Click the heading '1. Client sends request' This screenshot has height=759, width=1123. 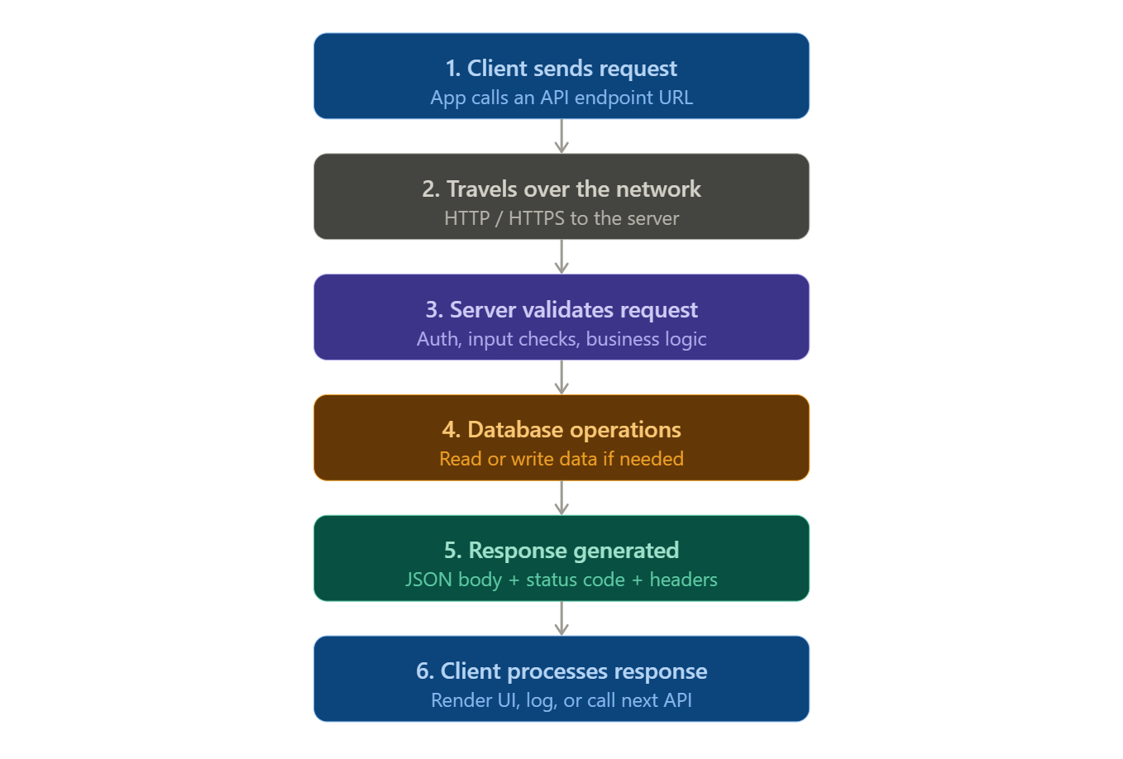pos(561,69)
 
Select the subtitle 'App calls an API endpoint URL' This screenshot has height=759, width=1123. pos(561,98)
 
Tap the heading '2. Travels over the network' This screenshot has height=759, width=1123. pos(561,189)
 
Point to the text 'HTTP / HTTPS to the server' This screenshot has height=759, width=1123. pos(561,218)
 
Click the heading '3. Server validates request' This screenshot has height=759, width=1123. pos(561,310)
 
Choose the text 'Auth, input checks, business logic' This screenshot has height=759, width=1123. pos(561,339)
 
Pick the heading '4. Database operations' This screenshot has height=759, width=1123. pos(561,430)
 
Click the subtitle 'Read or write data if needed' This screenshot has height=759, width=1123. pos(561,459)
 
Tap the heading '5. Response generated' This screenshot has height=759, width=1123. pos(561,551)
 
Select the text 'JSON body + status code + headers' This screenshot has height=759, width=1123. pos(561,580)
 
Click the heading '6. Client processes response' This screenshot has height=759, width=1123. pos(561,671)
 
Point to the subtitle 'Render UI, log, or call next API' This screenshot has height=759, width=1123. pos(561,700)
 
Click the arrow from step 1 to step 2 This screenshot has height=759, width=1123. pos(561,136)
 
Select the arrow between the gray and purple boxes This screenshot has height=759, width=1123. pos(561,257)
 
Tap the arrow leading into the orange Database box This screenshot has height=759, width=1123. pos(561,378)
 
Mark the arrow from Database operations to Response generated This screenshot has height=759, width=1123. pos(561,498)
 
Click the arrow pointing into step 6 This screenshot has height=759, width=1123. pos(561,618)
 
